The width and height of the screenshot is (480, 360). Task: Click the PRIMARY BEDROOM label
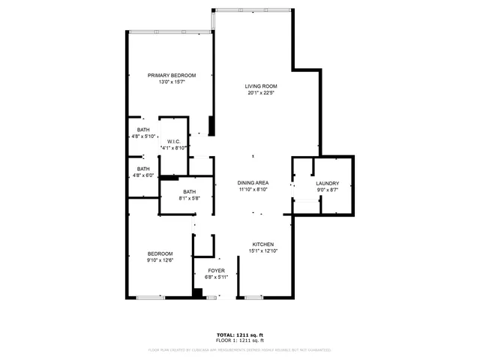pyautogui.click(x=172, y=76)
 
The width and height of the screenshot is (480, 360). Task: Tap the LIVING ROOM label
pyautogui.click(x=261, y=86)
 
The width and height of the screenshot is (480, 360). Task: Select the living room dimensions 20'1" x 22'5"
pyautogui.click(x=261, y=94)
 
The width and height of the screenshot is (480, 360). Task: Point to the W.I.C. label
pyautogui.click(x=173, y=141)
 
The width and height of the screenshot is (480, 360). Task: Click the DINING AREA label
pyautogui.click(x=253, y=183)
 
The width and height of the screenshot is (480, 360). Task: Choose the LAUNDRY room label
pyautogui.click(x=327, y=184)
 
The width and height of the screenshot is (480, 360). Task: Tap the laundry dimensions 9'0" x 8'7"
pyautogui.click(x=327, y=190)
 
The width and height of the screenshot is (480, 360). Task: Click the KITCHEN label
pyautogui.click(x=262, y=244)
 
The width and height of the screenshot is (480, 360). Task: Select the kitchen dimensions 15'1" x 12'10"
pyautogui.click(x=262, y=251)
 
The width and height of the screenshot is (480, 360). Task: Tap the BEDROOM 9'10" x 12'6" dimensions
pyautogui.click(x=160, y=260)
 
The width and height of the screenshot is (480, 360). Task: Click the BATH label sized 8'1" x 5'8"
pyautogui.click(x=189, y=192)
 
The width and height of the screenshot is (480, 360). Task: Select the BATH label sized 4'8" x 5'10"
pyautogui.click(x=143, y=129)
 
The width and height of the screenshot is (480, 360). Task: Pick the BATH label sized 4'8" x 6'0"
pyautogui.click(x=143, y=169)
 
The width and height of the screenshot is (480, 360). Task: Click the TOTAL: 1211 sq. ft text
pyautogui.click(x=240, y=334)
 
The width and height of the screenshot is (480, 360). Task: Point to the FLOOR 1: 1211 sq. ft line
pyautogui.click(x=240, y=340)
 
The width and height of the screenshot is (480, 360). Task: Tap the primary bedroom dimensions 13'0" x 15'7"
pyautogui.click(x=172, y=82)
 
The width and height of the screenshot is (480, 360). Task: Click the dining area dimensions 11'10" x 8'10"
pyautogui.click(x=253, y=190)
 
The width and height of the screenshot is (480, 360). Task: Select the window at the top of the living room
pyautogui.click(x=251, y=10)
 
